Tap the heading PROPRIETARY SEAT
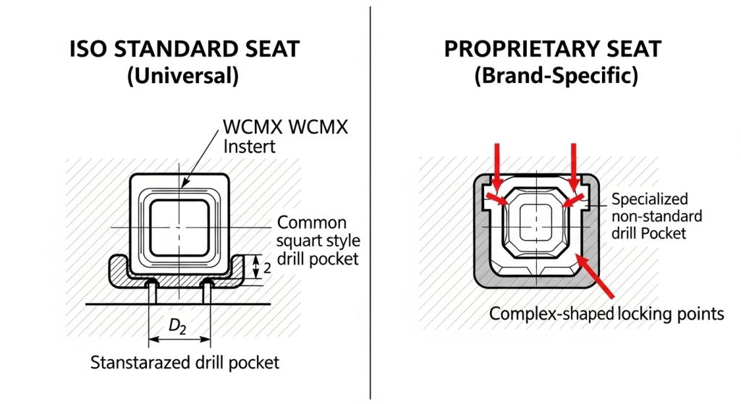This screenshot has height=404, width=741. point(552,50)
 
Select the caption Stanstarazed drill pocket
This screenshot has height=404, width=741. point(185,363)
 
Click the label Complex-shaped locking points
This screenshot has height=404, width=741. point(606,314)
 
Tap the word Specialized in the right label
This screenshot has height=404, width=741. point(650,199)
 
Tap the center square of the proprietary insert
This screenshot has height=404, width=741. point(535,220)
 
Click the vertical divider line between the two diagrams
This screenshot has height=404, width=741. point(370,202)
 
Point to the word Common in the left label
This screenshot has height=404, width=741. point(312,223)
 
